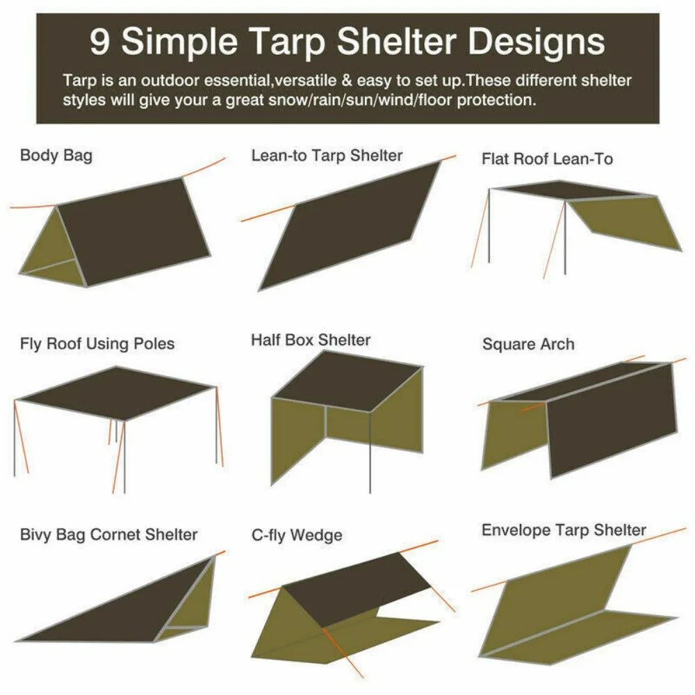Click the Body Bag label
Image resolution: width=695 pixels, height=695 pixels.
[x=56, y=155]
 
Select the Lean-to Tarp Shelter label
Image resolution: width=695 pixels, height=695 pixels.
[x=327, y=155]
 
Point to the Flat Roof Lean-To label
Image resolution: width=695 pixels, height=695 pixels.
[x=547, y=159]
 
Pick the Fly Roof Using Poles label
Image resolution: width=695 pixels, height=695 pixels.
[x=97, y=343]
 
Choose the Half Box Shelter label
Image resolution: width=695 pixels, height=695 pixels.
[x=311, y=341]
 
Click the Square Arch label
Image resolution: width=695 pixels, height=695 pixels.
[x=528, y=344]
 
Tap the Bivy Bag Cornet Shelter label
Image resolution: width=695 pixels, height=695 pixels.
[x=108, y=534]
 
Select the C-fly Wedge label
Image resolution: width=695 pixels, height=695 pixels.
[x=297, y=535]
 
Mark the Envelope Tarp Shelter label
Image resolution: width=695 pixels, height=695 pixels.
[x=564, y=530]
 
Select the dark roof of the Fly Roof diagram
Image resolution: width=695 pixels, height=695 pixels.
[x=115, y=393]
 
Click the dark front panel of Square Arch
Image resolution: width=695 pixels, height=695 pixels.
[x=612, y=417]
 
